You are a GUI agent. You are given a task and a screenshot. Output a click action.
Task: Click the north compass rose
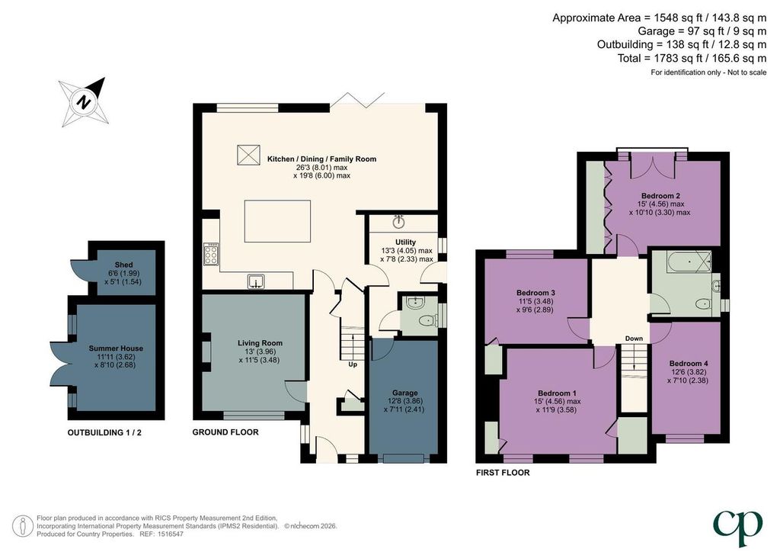(x=84, y=102)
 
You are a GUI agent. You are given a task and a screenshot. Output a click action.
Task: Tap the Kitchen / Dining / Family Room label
(x=322, y=159)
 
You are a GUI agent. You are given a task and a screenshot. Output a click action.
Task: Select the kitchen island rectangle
(x=277, y=221)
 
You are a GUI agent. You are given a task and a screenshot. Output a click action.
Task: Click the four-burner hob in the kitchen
(x=211, y=253)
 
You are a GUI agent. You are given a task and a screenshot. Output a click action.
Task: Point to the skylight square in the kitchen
(x=248, y=154)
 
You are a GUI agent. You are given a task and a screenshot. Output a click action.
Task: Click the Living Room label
(x=260, y=343)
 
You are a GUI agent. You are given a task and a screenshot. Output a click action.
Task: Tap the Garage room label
(x=405, y=393)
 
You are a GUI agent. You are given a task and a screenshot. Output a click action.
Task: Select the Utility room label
(x=405, y=242)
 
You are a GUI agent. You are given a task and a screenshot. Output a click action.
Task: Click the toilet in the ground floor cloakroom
(x=427, y=321)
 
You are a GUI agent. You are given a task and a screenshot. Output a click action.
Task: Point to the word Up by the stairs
(x=352, y=364)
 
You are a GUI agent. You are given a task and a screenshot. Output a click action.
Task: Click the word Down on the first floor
(x=634, y=339)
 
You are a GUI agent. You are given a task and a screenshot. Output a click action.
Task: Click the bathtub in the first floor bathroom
(x=682, y=262)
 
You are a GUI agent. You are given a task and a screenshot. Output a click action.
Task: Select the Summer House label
(x=116, y=348)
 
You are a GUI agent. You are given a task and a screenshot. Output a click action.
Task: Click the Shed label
(x=123, y=265)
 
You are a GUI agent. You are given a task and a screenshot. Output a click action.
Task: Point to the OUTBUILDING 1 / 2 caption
(x=104, y=432)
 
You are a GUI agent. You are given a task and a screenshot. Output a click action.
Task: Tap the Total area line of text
(x=692, y=58)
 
